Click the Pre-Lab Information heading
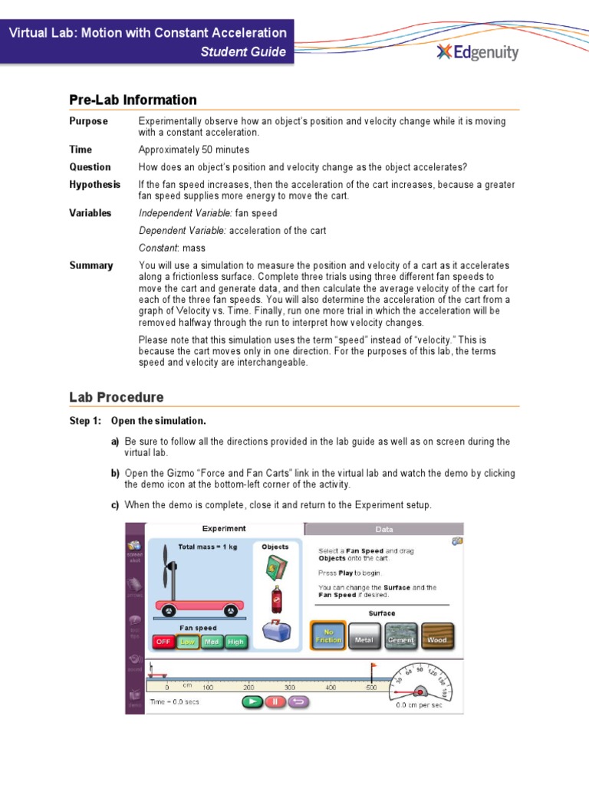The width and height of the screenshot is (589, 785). coord(133,100)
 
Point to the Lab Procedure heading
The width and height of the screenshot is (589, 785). coord(116,397)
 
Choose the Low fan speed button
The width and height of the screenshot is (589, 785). coord(187,642)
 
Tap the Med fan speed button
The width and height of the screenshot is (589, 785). coord(212,642)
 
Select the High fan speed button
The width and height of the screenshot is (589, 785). coord(236,642)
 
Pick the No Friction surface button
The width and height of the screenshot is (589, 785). coord(328,636)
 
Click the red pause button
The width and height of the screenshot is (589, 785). coord(275,701)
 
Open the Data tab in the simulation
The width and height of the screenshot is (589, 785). coord(383,529)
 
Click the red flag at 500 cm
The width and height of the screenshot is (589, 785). coord(373,667)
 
